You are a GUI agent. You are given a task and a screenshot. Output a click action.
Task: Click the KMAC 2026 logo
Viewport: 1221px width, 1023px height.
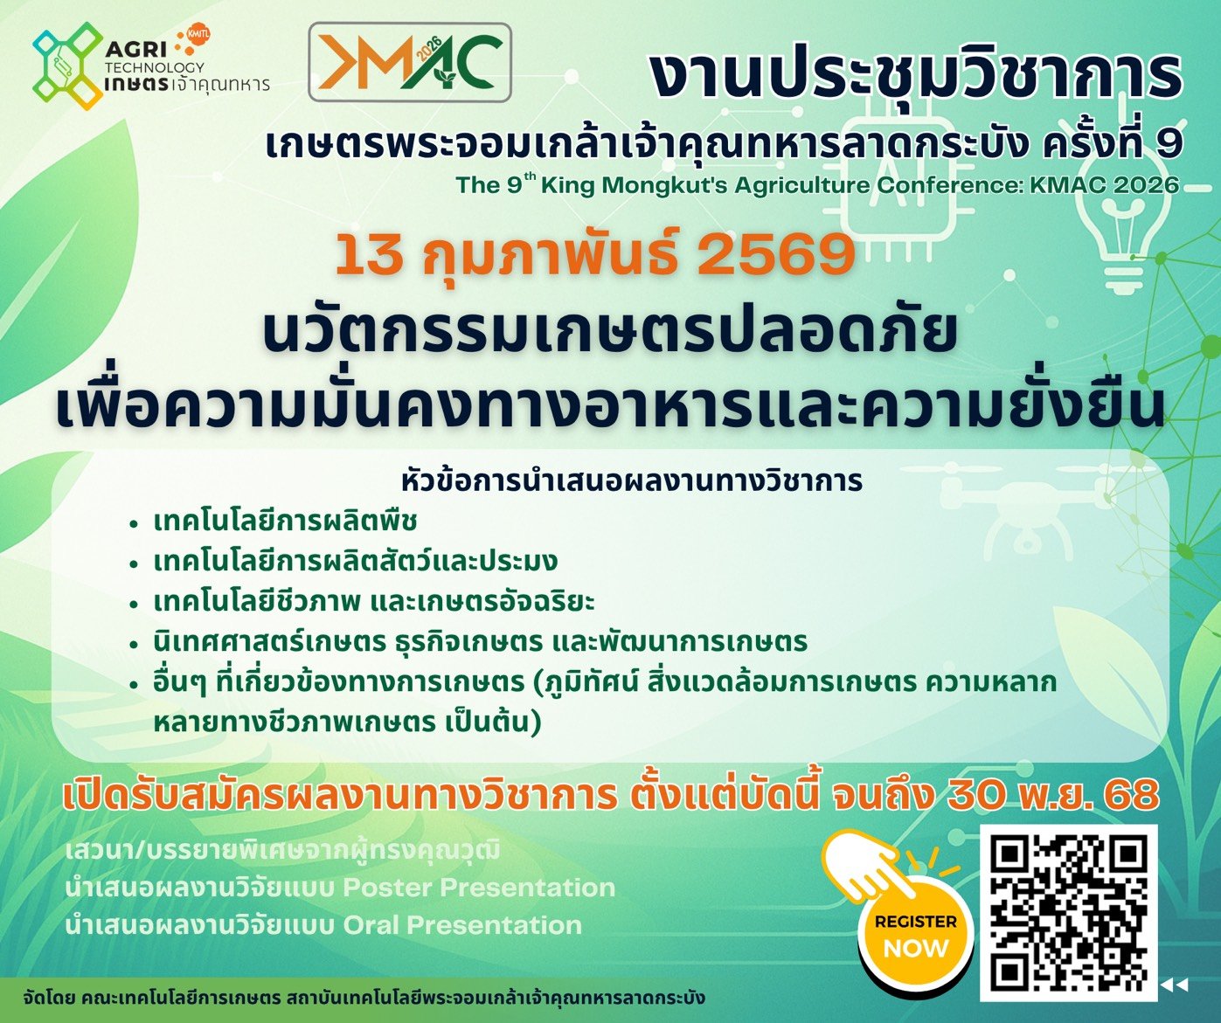[x=409, y=62]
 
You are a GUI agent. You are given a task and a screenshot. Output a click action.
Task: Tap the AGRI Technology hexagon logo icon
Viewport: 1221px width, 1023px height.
[x=65, y=65]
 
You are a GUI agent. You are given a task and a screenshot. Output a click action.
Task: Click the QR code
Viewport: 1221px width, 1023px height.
[x=1068, y=912]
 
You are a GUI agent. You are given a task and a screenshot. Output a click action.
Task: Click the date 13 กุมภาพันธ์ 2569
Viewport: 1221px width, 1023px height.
[x=594, y=255]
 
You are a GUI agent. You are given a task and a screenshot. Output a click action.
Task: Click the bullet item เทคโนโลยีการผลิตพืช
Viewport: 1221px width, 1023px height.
[x=285, y=522]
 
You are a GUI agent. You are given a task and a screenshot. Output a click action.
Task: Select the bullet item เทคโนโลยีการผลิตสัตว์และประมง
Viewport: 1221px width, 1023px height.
[x=355, y=561]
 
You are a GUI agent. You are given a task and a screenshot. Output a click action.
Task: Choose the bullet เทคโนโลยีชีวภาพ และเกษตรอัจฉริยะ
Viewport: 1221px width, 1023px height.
[x=374, y=602]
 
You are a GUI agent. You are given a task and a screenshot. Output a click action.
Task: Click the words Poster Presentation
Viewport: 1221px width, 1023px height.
[x=479, y=888]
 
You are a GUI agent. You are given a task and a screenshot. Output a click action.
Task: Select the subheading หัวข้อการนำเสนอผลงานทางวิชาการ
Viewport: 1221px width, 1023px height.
[x=631, y=480]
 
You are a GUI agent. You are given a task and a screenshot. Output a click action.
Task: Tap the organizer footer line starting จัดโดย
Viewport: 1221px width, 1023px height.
[x=365, y=998]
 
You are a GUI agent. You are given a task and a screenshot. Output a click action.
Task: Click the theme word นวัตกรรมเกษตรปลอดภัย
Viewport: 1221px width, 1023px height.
[x=610, y=333]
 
